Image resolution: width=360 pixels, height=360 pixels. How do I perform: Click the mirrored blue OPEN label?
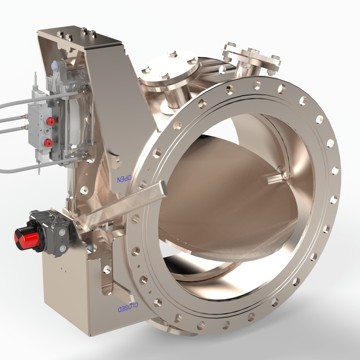point(124,178)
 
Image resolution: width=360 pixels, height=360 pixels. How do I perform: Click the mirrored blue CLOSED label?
point(128,307)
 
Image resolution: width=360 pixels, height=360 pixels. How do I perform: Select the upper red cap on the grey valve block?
point(50,120)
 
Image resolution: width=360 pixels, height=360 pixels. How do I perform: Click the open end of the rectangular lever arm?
point(163,187)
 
